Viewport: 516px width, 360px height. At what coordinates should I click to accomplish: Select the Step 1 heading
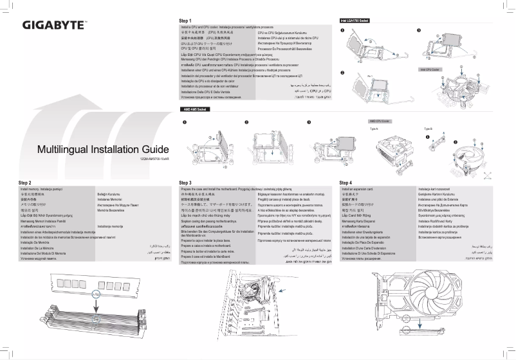pyautogui.click(x=186, y=21)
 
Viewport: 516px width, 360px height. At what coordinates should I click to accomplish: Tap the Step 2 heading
pyautogui.click(x=25, y=183)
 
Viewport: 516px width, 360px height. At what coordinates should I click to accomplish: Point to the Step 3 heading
pyautogui.click(x=186, y=183)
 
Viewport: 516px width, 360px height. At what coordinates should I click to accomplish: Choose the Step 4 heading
pyautogui.click(x=346, y=183)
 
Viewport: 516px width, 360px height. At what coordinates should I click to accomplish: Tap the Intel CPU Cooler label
pyautogui.click(x=429, y=69)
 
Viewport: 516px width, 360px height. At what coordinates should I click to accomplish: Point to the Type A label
pyautogui.click(x=374, y=129)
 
